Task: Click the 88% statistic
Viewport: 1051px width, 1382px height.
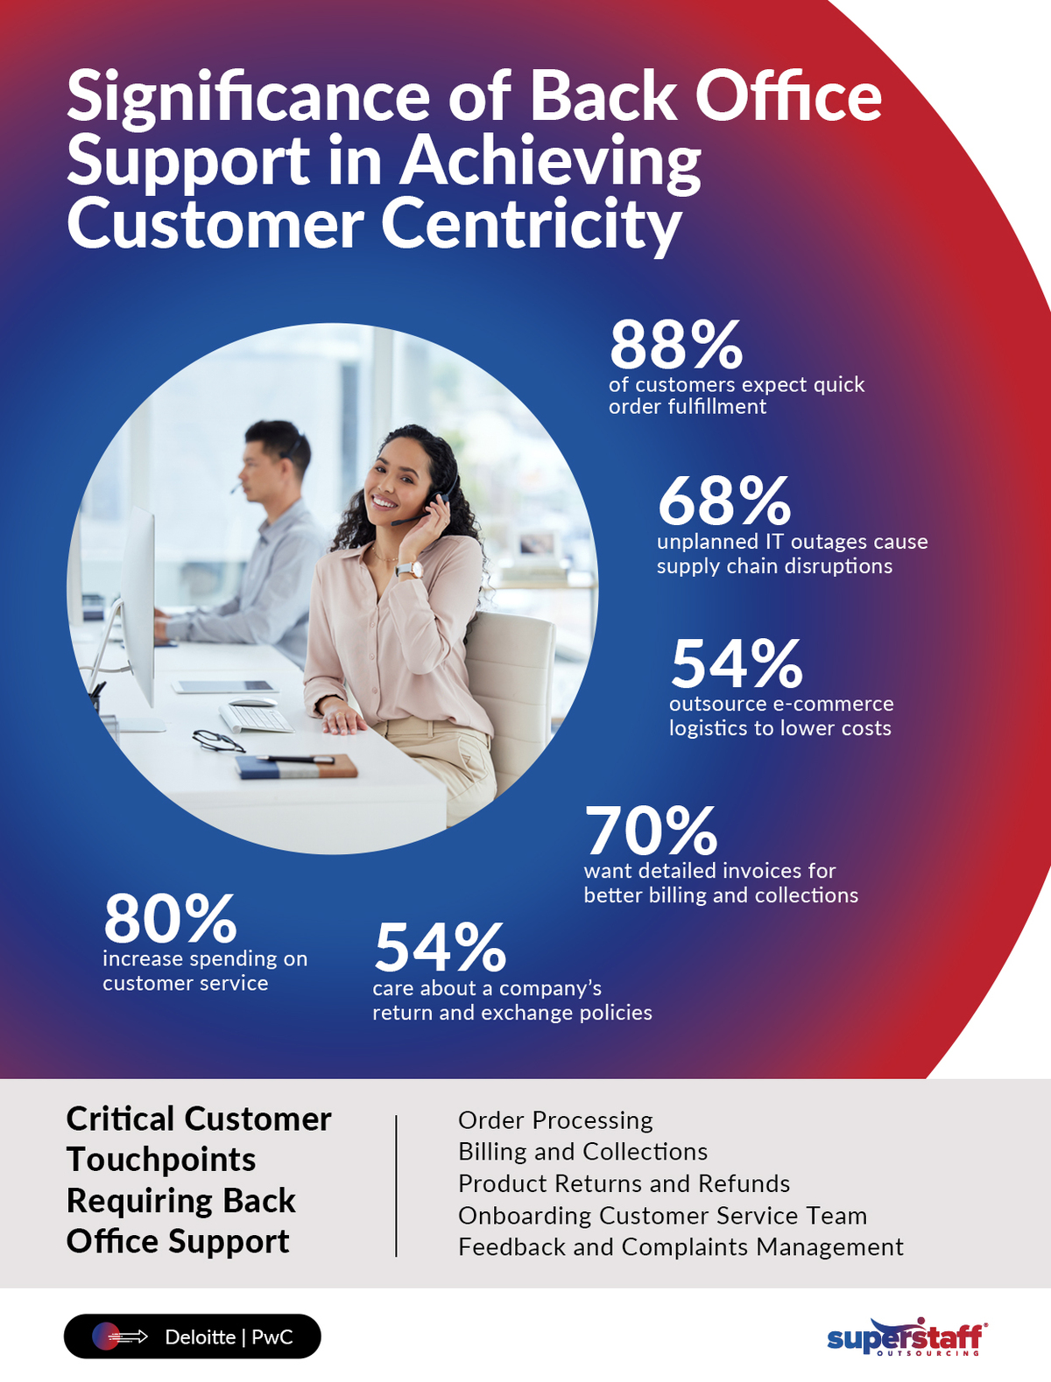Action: tap(675, 345)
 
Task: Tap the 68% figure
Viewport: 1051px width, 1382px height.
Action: tap(723, 502)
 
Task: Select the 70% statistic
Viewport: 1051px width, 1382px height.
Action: tap(651, 831)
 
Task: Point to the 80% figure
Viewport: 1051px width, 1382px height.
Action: tap(170, 919)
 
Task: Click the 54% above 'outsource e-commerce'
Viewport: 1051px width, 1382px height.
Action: tap(736, 664)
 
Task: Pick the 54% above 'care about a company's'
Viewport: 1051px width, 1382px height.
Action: tap(440, 949)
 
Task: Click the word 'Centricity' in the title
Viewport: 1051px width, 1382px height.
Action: tap(531, 225)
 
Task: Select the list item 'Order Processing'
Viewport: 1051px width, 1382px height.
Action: tap(555, 1120)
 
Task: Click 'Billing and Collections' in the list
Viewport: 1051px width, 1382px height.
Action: tap(582, 1152)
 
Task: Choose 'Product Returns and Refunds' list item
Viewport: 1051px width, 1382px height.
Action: tap(624, 1183)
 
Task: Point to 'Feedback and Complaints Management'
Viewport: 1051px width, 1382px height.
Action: tap(681, 1247)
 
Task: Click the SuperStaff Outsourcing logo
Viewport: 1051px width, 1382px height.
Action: tap(906, 1338)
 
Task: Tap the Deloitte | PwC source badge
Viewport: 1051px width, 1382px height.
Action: tap(193, 1336)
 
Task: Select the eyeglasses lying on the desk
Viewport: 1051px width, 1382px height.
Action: tap(217, 741)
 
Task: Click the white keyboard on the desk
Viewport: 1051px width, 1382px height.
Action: tap(256, 718)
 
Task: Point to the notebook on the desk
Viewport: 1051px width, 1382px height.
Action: tap(296, 768)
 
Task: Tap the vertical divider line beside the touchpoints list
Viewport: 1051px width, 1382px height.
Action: tap(397, 1186)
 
